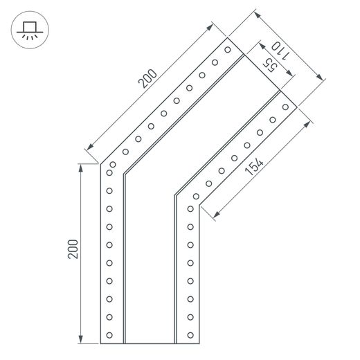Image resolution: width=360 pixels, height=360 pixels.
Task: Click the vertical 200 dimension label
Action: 73,249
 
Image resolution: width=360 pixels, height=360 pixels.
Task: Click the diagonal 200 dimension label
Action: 147,79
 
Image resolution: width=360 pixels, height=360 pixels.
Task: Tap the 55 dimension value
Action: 270,65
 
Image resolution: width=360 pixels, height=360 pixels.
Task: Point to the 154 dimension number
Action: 253,166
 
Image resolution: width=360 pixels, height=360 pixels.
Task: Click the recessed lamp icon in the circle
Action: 30,31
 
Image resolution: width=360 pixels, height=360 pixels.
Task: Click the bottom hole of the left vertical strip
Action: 109,335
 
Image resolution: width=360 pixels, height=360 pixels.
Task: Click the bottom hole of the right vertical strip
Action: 190,335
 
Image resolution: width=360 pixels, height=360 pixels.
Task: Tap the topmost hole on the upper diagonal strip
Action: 228,50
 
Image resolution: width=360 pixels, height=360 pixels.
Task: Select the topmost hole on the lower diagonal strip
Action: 285,107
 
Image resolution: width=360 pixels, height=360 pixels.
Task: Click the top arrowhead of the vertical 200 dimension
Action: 80,168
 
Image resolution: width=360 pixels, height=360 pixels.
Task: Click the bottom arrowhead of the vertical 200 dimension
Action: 80,339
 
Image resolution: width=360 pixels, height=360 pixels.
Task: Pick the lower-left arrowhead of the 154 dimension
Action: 216,215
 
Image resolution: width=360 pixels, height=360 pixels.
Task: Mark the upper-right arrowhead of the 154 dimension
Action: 307,125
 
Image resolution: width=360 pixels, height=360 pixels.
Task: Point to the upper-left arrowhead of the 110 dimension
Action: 258,15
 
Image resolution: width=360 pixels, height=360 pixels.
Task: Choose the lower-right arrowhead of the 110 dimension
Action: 320,77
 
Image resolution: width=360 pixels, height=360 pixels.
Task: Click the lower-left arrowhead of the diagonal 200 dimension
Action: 90,146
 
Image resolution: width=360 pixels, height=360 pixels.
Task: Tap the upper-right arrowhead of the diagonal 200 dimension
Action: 210,27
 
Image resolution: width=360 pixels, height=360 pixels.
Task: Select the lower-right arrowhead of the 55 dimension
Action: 289,73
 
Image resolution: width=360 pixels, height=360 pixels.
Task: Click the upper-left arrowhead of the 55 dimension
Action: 262,46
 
